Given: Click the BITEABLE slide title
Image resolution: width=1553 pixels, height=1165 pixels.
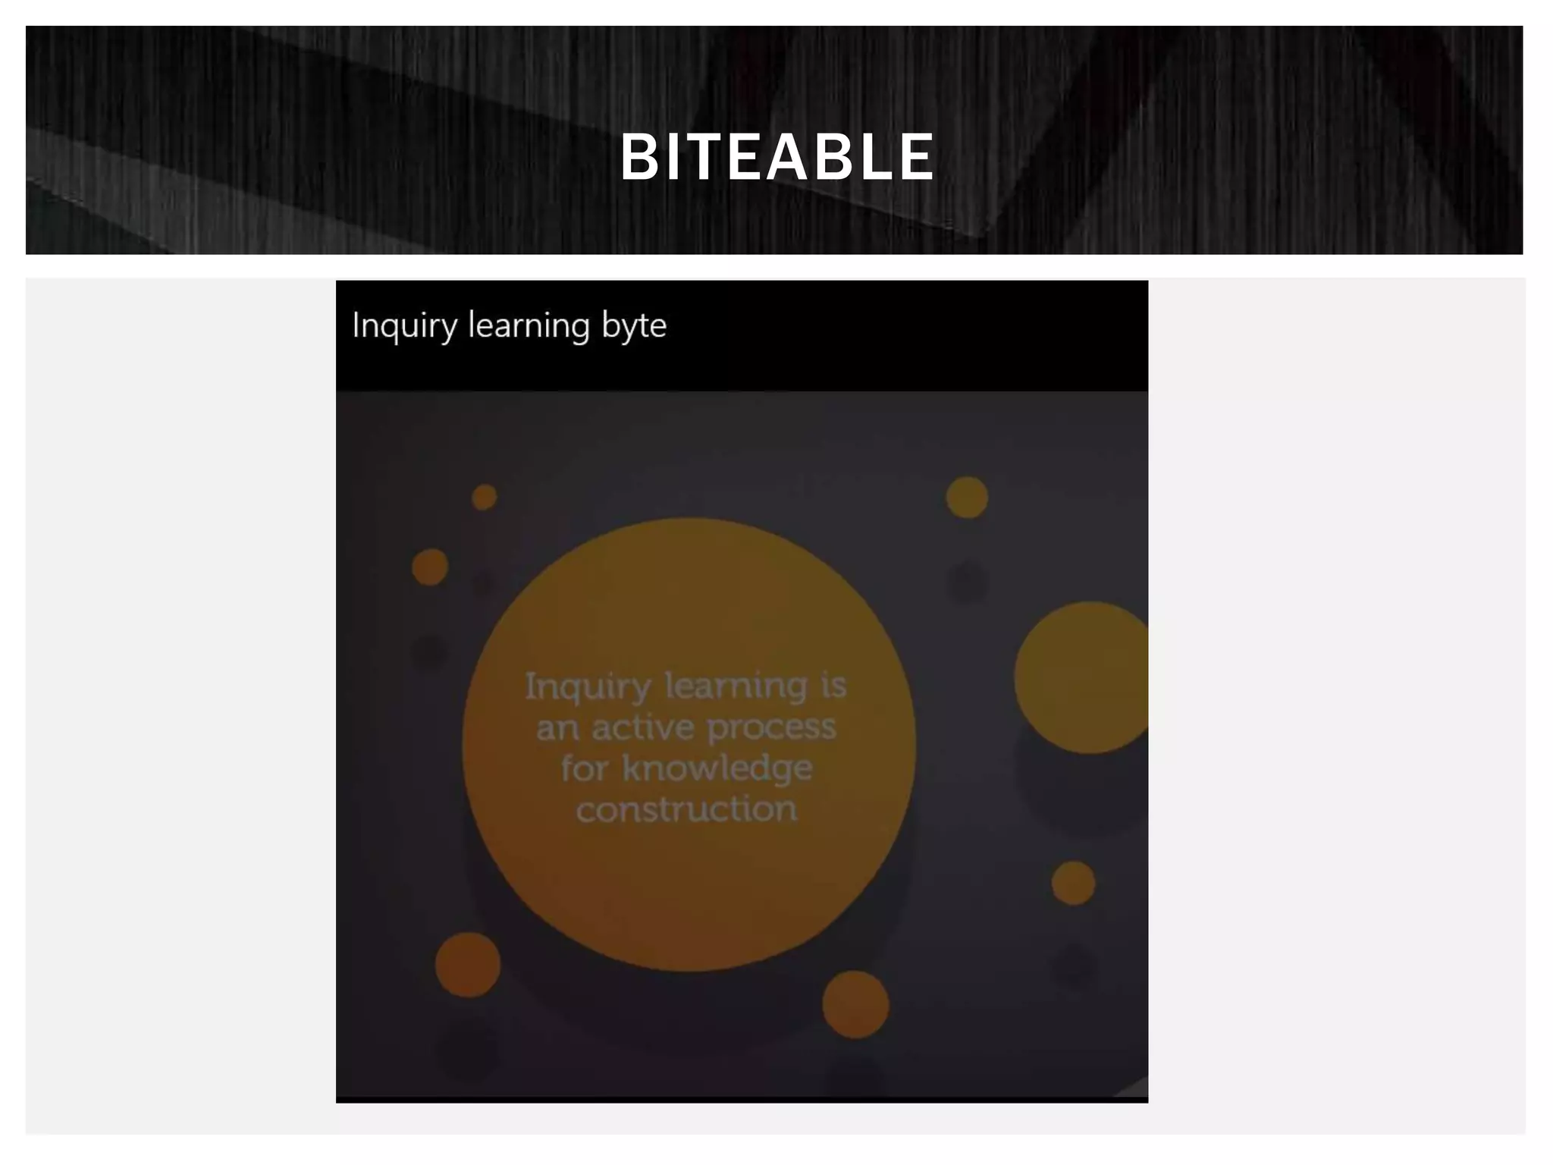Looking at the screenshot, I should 777,157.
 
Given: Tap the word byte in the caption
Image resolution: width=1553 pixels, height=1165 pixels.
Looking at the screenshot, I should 634,326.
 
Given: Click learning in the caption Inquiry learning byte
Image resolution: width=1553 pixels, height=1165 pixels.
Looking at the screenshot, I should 529,326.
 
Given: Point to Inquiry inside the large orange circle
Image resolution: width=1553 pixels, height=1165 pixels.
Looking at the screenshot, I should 588,687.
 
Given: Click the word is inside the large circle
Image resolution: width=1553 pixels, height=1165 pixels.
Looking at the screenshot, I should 833,686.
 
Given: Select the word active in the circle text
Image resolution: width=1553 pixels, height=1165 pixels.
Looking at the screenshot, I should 642,728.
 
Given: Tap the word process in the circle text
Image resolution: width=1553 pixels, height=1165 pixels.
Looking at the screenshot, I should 771,728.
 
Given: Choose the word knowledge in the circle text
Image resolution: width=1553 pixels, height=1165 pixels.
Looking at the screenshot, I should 717,768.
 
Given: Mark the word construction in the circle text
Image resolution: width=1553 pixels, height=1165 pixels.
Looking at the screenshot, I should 686,809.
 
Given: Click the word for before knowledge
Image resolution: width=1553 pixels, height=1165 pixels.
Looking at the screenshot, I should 584,768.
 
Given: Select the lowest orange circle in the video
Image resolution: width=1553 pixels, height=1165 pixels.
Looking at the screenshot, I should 855,1004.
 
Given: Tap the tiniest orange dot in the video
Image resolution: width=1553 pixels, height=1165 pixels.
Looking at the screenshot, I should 485,498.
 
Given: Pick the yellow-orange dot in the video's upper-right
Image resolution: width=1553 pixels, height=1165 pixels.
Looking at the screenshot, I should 967,498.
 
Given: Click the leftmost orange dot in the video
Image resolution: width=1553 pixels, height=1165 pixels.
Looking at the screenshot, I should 430,567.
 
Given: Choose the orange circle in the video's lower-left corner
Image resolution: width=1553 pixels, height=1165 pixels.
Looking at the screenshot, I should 468,964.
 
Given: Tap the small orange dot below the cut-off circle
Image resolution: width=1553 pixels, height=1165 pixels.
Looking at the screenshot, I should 1073,883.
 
